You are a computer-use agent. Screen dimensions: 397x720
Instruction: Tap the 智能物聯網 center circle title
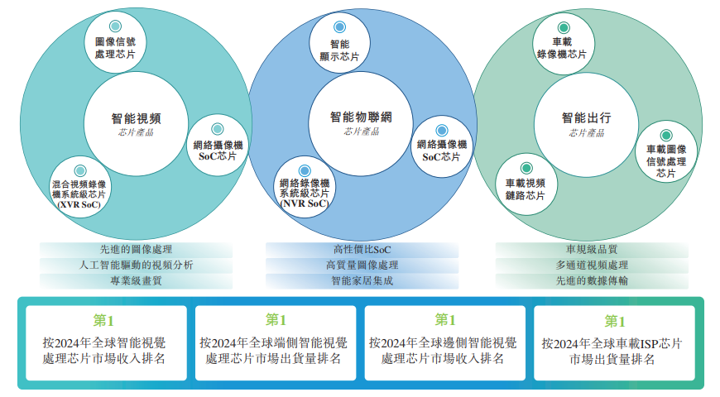point(361,117)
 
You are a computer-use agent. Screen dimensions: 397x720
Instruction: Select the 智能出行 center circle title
point(586,118)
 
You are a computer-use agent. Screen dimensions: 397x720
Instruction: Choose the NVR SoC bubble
point(305,186)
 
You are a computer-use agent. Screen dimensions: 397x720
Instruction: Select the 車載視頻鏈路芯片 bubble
point(526,184)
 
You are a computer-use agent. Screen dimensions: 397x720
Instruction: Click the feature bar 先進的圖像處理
point(136,249)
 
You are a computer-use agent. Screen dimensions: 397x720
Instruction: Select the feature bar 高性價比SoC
point(361,249)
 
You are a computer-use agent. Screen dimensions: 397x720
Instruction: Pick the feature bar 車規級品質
point(592,249)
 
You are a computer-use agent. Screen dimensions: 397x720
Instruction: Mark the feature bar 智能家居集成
point(361,280)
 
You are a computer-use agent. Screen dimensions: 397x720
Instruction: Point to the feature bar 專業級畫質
point(136,280)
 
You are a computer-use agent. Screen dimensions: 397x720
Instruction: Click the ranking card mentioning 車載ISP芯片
point(613,342)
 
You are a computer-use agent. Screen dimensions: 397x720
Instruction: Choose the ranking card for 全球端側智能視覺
point(275,342)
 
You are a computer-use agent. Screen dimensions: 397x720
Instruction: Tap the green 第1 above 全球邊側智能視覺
point(445,320)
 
